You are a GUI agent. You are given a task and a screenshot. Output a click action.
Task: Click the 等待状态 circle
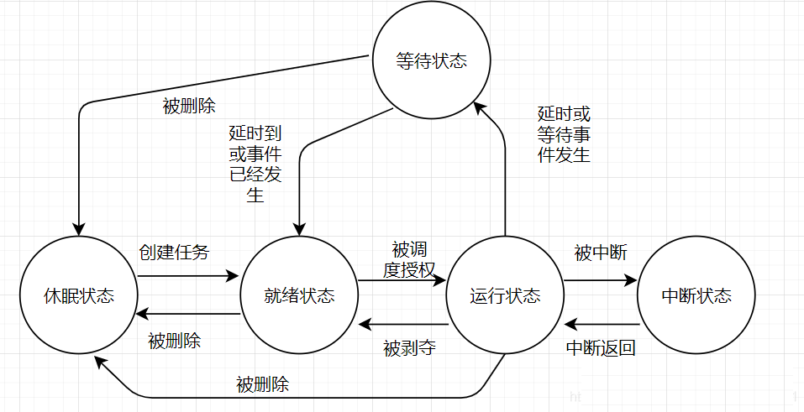(431, 62)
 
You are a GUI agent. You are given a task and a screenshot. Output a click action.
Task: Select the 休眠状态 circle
(79, 295)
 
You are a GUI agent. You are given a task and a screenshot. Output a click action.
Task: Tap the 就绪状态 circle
(299, 295)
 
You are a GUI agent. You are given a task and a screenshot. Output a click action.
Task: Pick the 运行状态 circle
(505, 295)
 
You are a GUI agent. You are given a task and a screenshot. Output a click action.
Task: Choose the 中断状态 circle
(696, 295)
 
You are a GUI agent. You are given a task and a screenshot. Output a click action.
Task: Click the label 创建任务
(174, 252)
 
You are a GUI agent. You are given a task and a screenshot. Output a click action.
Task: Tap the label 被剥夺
(409, 347)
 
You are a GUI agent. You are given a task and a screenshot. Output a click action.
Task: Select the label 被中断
(601, 253)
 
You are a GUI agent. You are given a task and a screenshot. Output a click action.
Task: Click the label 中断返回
(601, 347)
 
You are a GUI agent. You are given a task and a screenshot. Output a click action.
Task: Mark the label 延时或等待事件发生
(564, 134)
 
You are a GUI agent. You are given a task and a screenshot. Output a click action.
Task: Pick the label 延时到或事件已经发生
(255, 164)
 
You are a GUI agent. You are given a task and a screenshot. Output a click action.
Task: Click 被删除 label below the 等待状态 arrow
(189, 107)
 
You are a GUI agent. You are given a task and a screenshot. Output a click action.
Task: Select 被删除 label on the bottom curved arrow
(263, 385)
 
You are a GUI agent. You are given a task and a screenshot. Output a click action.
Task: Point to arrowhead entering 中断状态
(631, 282)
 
